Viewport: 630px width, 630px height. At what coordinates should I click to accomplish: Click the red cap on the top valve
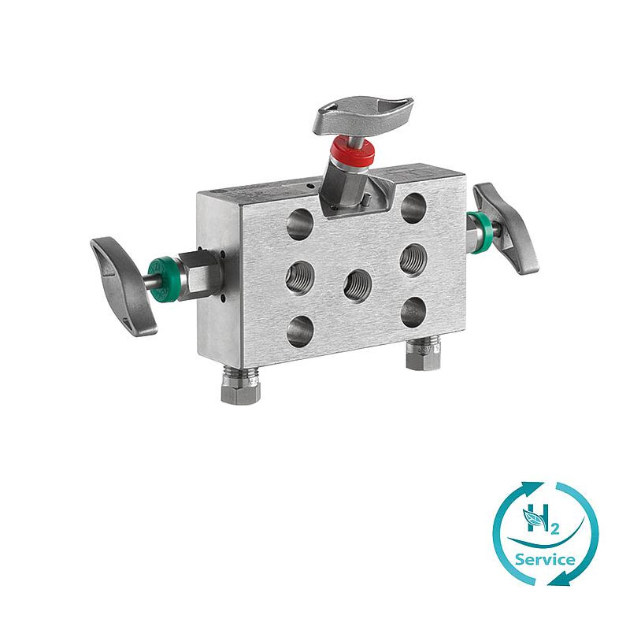[353, 151]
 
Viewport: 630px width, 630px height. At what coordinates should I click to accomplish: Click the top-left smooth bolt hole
[301, 224]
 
